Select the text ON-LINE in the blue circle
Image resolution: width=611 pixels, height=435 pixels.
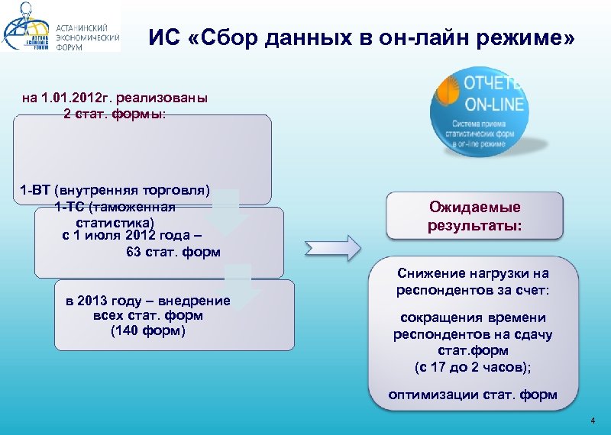click(x=492, y=105)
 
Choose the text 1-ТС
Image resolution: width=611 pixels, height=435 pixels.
click(x=70, y=206)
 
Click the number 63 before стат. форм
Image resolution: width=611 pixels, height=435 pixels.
click(x=133, y=251)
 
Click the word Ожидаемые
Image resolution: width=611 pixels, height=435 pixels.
click(x=474, y=208)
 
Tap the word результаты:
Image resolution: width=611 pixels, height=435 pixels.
click(x=474, y=226)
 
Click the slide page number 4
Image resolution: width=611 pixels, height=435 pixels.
click(x=592, y=422)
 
